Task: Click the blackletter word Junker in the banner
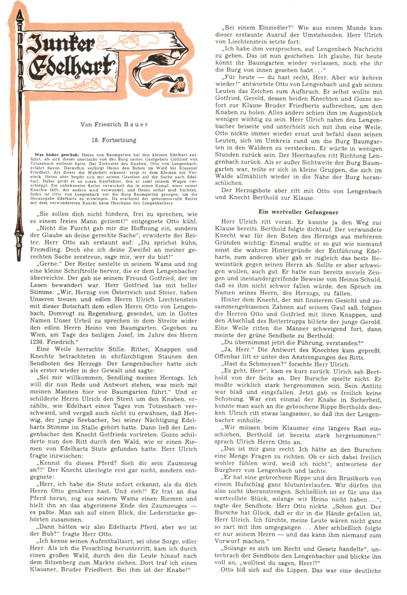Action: (x=60, y=43)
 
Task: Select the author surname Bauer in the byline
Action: (x=136, y=125)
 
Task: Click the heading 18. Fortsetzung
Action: (x=114, y=140)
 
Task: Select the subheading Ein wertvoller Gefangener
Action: (x=298, y=212)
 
